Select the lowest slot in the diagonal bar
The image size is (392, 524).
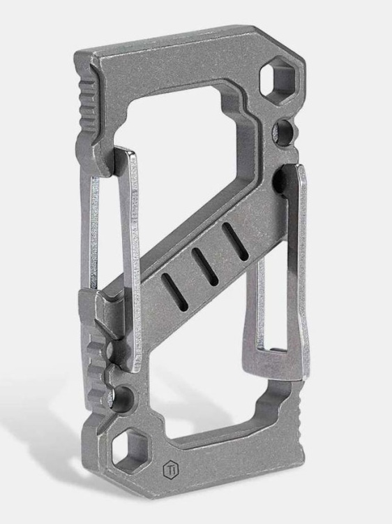[170, 286]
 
